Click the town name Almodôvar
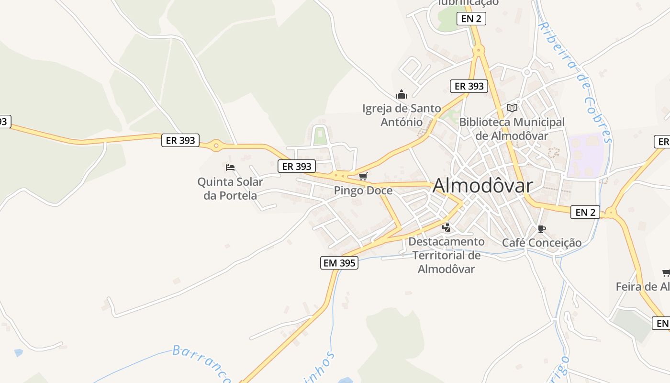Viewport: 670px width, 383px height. coord(482,186)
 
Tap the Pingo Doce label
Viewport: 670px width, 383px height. coord(363,191)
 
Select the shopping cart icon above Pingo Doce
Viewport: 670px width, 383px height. coord(363,177)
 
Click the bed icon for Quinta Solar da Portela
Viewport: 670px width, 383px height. coord(230,168)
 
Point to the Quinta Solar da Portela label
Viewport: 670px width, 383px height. coord(230,189)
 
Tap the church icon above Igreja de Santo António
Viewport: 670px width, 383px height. coord(402,94)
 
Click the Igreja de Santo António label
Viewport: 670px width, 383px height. coord(402,115)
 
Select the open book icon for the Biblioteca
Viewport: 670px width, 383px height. coord(512,108)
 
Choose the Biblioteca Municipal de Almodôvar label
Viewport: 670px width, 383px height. coord(512,129)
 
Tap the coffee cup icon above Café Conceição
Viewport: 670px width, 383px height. coord(542,229)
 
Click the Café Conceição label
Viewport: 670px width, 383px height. coord(542,243)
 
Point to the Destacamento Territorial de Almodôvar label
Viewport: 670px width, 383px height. coord(447,255)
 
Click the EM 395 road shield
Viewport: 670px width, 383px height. coord(339,262)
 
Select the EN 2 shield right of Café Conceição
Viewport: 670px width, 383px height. coord(585,212)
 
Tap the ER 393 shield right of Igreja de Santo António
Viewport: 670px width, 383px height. coord(469,86)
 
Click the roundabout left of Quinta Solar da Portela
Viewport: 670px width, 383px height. coord(216,145)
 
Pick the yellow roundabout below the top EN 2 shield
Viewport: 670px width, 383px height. coord(478,49)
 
